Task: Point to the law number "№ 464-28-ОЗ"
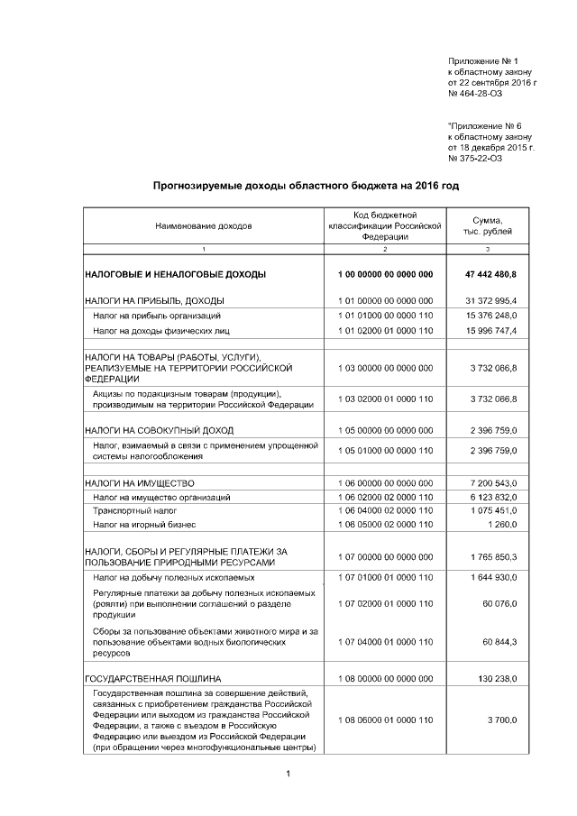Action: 475,93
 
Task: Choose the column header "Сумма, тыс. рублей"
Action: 488,225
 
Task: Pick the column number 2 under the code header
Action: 385,248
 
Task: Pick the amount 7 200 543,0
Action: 493,483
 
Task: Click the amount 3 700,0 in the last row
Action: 500,720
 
